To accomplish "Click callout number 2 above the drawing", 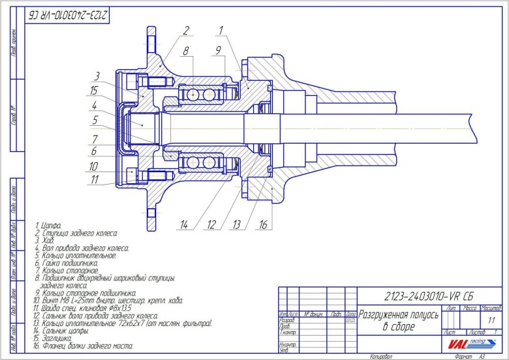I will point(186,30).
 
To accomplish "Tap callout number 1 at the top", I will point(221,30).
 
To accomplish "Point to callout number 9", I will point(219,50).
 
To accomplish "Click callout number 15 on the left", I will point(95,90).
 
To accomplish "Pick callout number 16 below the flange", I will point(263,224).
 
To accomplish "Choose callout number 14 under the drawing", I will point(185,224).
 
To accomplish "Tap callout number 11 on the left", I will point(95,179).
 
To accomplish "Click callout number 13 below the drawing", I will point(236,224).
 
